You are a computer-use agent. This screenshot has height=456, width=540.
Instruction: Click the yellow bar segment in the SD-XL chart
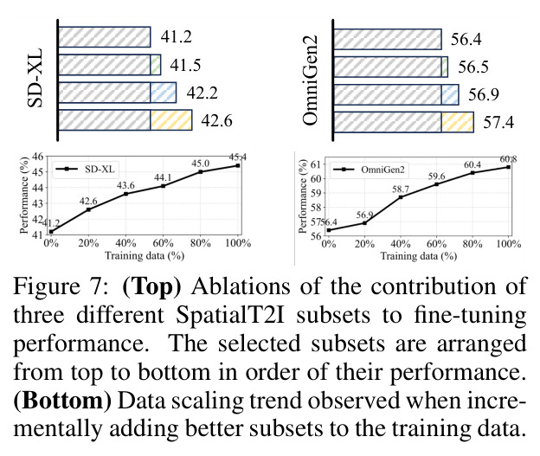(171, 120)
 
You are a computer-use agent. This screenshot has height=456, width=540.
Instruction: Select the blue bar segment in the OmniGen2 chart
(450, 94)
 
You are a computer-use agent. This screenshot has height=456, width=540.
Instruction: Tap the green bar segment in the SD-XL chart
(156, 64)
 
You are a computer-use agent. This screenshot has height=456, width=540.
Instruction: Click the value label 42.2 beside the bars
(202, 93)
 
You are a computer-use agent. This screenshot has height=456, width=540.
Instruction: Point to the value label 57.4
(498, 122)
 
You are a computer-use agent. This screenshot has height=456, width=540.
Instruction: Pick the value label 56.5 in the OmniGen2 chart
(473, 67)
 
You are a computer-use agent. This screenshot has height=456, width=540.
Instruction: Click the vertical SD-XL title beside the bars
(35, 78)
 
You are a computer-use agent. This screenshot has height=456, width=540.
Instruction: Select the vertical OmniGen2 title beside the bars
(310, 80)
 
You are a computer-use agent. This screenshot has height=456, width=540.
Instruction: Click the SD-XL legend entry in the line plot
(85, 169)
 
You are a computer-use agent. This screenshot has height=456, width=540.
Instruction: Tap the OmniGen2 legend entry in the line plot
(369, 170)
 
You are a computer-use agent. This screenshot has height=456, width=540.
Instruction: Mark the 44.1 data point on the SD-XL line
(164, 186)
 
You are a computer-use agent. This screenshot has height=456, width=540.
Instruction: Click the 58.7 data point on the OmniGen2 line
(401, 197)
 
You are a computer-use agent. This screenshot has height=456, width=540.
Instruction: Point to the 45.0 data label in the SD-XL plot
(201, 164)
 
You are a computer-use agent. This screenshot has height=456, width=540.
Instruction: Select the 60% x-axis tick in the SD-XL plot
(163, 243)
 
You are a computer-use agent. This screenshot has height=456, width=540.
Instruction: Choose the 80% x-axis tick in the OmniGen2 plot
(472, 244)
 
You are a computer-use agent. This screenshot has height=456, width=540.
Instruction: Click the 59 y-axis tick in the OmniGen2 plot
(316, 193)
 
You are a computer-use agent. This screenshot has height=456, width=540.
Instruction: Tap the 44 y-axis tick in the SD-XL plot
(37, 188)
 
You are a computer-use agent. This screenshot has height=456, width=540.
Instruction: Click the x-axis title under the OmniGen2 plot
(419, 256)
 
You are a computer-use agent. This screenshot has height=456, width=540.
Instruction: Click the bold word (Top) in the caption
(151, 286)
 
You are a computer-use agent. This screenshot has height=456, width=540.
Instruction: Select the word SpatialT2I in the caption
(230, 315)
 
